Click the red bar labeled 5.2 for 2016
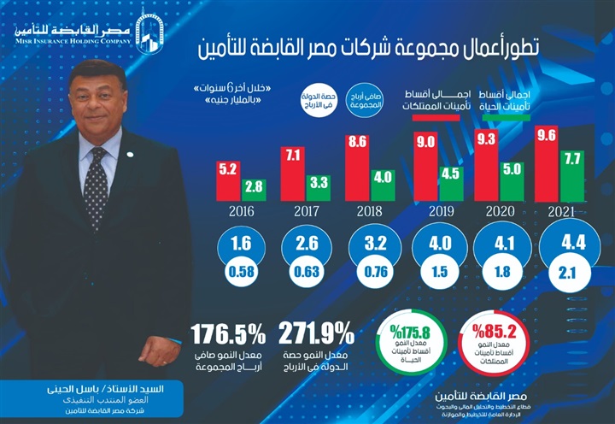click(228, 180)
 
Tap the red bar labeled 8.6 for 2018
click(358, 168)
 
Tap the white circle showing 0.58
click(241, 274)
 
